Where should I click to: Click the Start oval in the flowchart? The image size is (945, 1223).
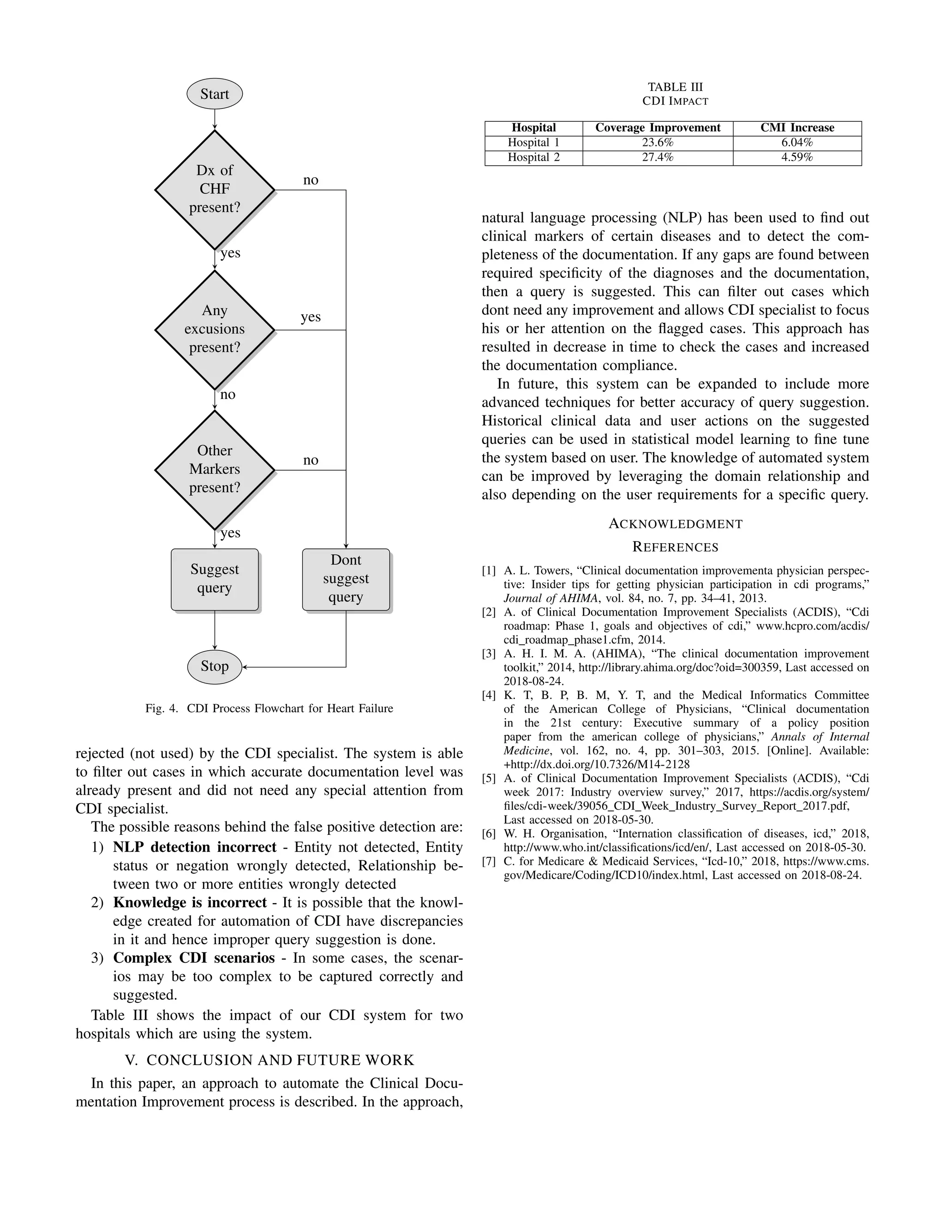tap(215, 94)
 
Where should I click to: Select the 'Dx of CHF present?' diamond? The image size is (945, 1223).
tap(215, 189)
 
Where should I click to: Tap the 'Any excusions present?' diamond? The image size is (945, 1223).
tap(215, 329)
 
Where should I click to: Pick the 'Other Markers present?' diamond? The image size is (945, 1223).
tap(215, 469)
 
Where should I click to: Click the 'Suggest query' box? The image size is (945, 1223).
tap(215, 579)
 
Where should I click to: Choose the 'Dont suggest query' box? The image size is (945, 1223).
tap(346, 579)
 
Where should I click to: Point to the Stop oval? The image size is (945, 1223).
tap(215, 666)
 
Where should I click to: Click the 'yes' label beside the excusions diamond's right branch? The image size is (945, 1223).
tap(310, 317)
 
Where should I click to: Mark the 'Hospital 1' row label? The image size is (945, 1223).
tap(533, 143)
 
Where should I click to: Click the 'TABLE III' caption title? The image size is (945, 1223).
tap(675, 87)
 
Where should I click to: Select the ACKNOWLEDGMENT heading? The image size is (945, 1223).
tap(675, 524)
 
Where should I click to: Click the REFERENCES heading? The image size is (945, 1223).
tap(675, 547)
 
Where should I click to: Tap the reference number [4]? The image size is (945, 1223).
tap(489, 695)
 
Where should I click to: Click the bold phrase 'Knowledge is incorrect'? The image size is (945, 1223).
tap(189, 903)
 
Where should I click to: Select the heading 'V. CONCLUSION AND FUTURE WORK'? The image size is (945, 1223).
tap(269, 1060)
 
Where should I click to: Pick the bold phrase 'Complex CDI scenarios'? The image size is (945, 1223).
tap(194, 958)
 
